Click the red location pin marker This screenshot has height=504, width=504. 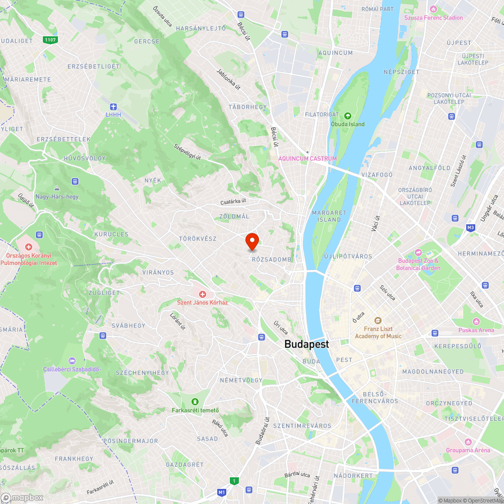[x=252, y=241]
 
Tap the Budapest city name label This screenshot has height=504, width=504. [x=306, y=344]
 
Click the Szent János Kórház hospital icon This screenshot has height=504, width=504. [x=203, y=294]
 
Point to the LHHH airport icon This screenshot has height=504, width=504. [x=113, y=106]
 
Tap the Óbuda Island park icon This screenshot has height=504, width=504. [x=347, y=115]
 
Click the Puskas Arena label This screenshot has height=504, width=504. [x=476, y=330]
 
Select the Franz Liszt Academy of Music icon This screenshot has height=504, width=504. [x=377, y=320]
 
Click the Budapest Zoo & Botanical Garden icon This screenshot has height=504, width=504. [x=418, y=252]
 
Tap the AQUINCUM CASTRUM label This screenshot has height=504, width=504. [x=307, y=158]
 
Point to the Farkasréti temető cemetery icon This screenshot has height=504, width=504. [x=195, y=401]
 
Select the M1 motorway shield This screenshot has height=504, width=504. [x=222, y=492]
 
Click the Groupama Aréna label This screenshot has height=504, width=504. [x=468, y=450]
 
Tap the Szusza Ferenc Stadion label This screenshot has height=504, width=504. [x=433, y=18]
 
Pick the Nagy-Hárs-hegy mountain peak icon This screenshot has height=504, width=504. [x=56, y=188]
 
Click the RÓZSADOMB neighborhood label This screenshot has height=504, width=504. [x=271, y=260]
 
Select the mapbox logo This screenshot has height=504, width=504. [x=23, y=497]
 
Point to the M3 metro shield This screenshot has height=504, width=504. [x=471, y=228]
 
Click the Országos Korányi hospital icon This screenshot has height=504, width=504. [x=29, y=247]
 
